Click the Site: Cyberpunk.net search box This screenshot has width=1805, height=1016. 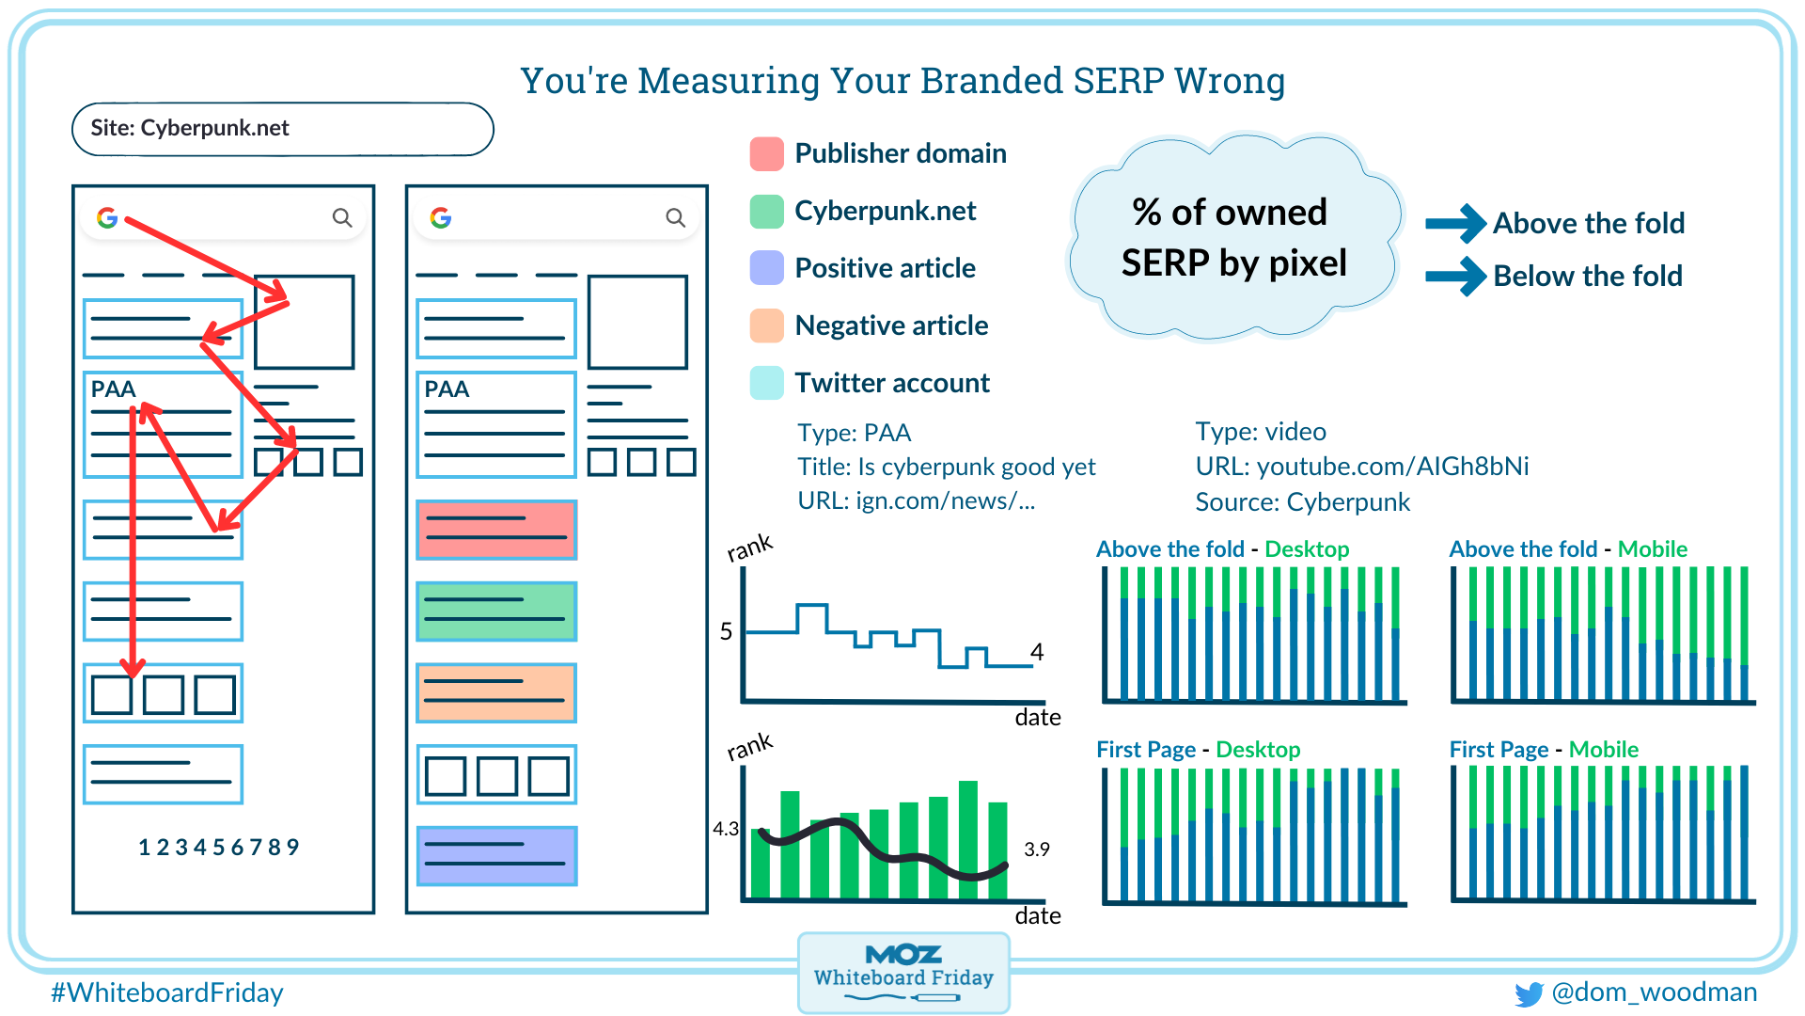pyautogui.click(x=282, y=129)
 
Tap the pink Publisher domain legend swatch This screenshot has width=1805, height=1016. pyautogui.click(x=766, y=153)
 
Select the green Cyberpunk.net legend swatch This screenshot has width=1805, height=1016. pyautogui.click(x=766, y=211)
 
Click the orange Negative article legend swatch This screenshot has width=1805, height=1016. pyautogui.click(x=766, y=325)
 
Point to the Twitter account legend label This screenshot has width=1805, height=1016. pyautogui.click(x=891, y=383)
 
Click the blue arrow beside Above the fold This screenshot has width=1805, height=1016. pyautogui.click(x=1454, y=224)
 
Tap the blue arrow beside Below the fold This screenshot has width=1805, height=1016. pyautogui.click(x=1454, y=277)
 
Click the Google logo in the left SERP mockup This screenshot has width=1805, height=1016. pyautogui.click(x=107, y=217)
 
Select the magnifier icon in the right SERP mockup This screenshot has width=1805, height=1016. pyautogui.click(x=675, y=217)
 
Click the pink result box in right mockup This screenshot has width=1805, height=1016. pyautogui.click(x=496, y=530)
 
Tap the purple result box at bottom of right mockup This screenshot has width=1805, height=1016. pyautogui.click(x=496, y=855)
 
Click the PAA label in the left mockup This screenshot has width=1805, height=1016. pyautogui.click(x=113, y=389)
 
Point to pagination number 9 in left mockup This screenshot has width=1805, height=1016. pyautogui.click(x=292, y=847)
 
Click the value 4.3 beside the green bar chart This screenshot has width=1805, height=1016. pyautogui.click(x=725, y=829)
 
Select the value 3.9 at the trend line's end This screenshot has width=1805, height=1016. pyautogui.click(x=1036, y=849)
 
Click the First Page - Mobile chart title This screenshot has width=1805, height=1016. pyautogui.click(x=1543, y=750)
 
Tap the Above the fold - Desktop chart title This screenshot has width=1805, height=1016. pyautogui.click(x=1222, y=549)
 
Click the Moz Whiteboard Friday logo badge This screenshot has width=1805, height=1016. pyautogui.click(x=902, y=972)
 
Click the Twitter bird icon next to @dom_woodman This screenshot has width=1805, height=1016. pyautogui.click(x=1529, y=994)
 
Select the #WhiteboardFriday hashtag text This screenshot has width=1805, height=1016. pyautogui.click(x=166, y=992)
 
